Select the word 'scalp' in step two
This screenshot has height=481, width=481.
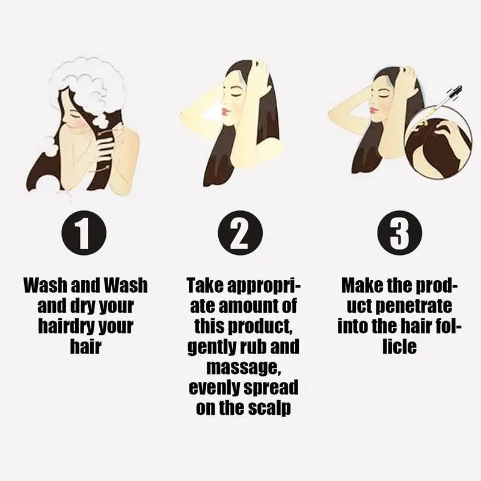coord(270,407)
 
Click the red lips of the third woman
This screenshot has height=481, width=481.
coord(373,111)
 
